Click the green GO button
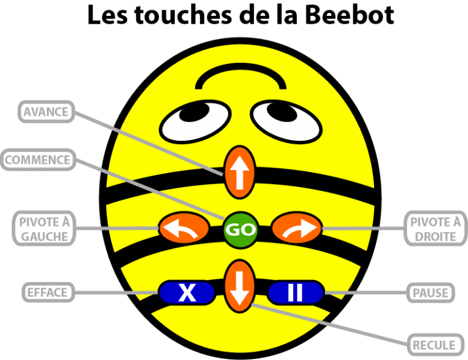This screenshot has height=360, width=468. point(241,230)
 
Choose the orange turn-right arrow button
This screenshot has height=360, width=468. point(296,229)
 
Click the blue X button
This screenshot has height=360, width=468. point(186,293)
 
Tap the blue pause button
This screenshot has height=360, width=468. point(295,293)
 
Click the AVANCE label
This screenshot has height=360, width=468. point(46,112)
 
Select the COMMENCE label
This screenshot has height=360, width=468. point(38,160)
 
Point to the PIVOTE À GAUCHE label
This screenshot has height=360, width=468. point(44,228)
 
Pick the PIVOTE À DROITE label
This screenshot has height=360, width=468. point(435,228)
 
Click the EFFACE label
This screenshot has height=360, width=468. point(47,292)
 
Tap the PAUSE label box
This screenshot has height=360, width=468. point(430,292)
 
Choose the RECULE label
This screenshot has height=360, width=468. point(434,345)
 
